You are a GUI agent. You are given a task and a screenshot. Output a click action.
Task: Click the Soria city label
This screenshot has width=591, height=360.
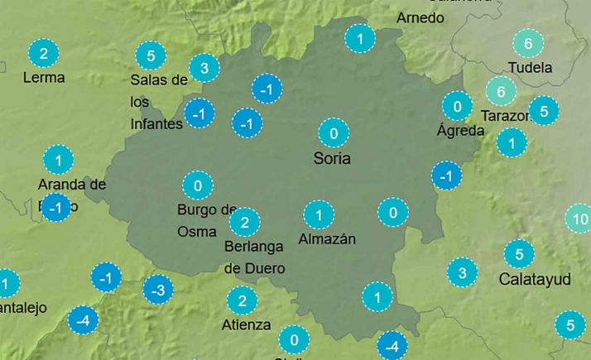tap(332, 158)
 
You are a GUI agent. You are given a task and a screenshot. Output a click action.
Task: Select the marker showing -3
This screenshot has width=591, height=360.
tap(158, 290)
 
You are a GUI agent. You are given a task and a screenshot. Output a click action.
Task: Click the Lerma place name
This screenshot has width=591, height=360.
tap(44, 78)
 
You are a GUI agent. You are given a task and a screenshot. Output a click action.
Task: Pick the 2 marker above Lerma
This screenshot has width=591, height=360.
tap(44, 55)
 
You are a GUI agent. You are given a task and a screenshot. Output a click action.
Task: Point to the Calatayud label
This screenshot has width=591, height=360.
tap(535, 280)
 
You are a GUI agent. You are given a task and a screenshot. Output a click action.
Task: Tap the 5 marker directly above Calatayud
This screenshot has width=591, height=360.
tap(519, 254)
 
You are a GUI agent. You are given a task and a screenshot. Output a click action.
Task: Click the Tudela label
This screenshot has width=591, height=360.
tap(531, 68)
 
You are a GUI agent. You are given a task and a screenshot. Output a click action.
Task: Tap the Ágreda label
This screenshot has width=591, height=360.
tap(461, 130)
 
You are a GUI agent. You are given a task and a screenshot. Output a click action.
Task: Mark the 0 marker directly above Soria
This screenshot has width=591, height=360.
tap(334, 132)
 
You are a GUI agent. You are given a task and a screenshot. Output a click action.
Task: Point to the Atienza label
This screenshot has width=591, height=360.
tap(246, 324)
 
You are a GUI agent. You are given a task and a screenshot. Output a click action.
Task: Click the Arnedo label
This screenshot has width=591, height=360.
tap(420, 17)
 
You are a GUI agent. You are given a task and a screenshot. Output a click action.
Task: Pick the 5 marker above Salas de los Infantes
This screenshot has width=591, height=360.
tap(150, 56)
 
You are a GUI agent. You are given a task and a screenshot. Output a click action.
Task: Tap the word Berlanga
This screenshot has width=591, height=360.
tap(253, 247)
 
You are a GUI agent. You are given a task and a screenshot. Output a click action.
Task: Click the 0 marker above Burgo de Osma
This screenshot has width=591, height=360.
tap(197, 185)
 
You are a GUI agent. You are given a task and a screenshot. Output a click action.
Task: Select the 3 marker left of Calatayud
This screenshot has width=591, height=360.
tap(462, 272)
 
